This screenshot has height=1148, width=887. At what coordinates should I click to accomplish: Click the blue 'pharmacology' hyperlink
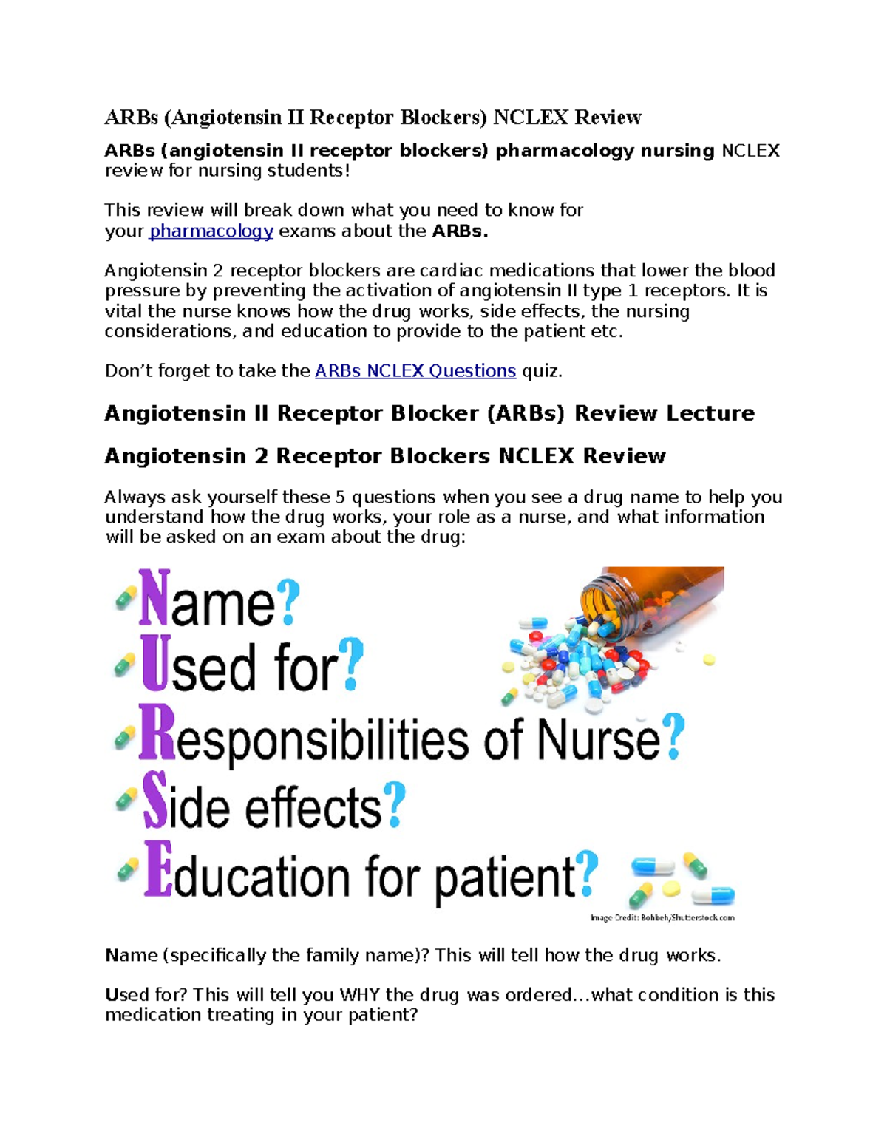click(x=211, y=231)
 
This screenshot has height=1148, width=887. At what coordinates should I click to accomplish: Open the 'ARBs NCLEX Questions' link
click(x=415, y=371)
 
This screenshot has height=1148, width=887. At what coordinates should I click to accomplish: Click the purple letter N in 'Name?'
click(x=154, y=598)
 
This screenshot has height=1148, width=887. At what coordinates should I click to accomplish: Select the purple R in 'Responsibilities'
click(x=157, y=733)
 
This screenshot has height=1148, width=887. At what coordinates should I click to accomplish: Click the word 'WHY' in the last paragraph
click(x=360, y=996)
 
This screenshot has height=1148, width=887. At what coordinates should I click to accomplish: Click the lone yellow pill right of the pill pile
click(x=709, y=659)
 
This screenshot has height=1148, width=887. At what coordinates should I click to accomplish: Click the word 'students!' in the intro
click(x=310, y=171)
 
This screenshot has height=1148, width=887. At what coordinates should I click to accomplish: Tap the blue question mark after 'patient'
click(x=587, y=872)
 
